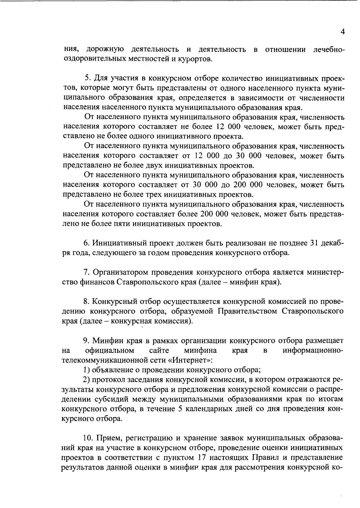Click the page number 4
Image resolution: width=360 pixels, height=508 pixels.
[343, 32]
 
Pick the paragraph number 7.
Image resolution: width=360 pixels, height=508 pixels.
[86, 272]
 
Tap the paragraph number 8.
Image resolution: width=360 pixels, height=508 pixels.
[86, 302]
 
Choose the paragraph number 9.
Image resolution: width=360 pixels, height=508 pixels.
[86, 341]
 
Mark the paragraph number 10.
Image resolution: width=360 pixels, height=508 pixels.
[87, 438]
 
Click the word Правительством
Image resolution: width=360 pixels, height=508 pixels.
[248, 311]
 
